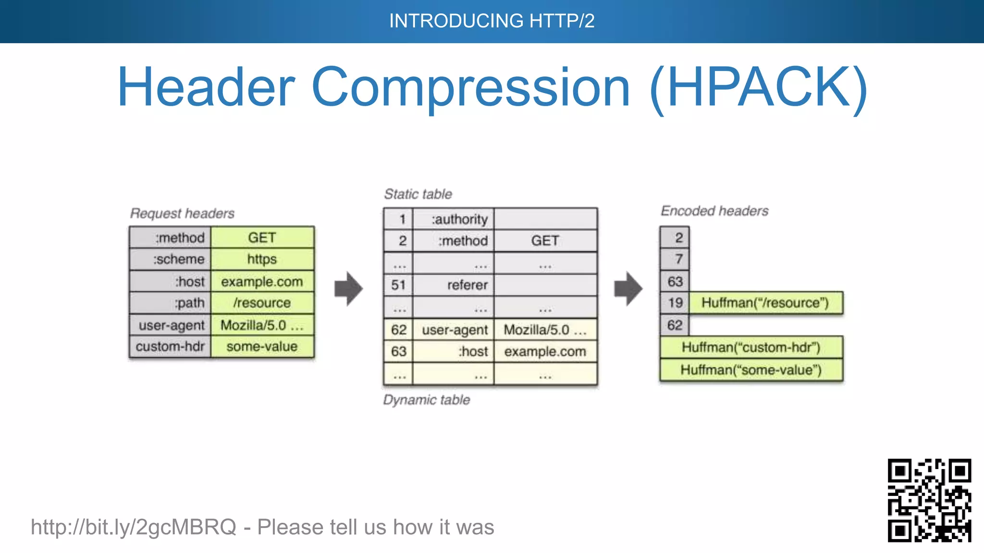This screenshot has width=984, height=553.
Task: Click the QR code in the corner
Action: [x=929, y=500]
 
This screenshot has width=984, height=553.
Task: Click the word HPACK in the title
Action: [x=758, y=87]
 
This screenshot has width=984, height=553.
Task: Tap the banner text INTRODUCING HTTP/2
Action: [x=492, y=21]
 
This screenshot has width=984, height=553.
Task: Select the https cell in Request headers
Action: [x=262, y=259]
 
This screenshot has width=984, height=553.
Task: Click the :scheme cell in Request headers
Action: [x=170, y=259]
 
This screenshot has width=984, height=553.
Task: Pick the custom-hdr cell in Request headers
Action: [x=170, y=347]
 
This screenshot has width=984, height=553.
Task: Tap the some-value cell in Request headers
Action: [x=262, y=347]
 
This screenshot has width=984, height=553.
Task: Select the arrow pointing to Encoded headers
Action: [x=628, y=289]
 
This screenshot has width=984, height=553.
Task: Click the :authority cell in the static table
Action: [x=453, y=219]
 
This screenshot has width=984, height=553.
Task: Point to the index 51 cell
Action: [x=398, y=285]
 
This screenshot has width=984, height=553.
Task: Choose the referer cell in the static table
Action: [x=453, y=285]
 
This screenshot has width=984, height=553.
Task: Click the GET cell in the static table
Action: [x=545, y=240]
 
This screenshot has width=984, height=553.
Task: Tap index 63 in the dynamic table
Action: [x=398, y=351]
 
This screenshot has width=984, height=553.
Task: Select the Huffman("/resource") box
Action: [x=765, y=303]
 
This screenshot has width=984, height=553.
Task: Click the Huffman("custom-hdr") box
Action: [x=751, y=348]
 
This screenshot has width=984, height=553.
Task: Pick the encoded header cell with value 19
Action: [x=675, y=303]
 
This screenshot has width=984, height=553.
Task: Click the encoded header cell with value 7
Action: [x=675, y=259]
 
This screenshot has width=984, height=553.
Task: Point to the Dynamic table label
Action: [x=426, y=400]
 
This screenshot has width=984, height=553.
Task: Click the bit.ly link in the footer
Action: [x=134, y=527]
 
